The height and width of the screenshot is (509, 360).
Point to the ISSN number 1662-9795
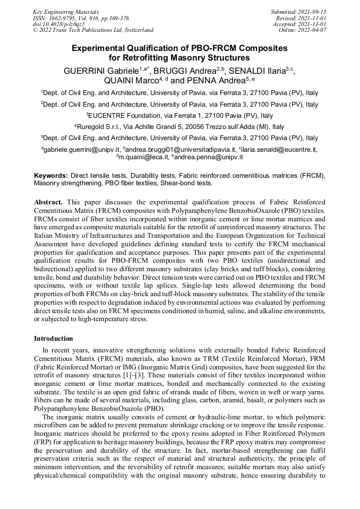click(x=65, y=18)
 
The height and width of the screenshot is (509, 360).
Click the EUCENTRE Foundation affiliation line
click(x=179, y=115)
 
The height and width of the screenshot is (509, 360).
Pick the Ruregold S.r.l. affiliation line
click(x=179, y=127)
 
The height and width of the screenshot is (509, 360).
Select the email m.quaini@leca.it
click(x=142, y=157)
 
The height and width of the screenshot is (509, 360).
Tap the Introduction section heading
click(x=54, y=338)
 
